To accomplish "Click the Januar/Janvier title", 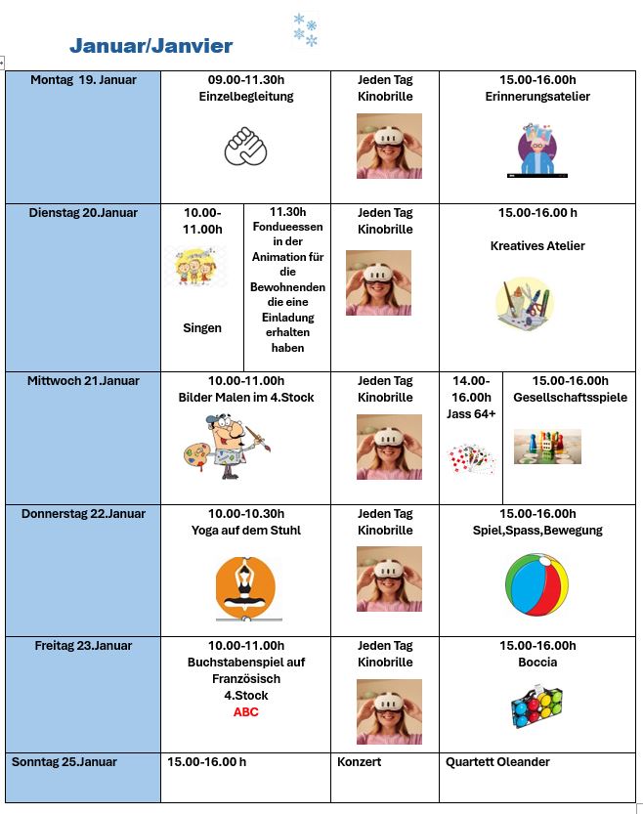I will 150,45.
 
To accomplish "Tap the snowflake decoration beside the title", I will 305,30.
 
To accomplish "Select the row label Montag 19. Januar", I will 83,80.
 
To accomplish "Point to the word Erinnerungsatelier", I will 536,97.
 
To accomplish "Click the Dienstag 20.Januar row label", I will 83,212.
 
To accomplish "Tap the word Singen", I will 202,328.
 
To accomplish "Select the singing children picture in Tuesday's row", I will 196,266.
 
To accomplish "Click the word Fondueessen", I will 287,228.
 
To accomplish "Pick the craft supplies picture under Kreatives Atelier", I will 525,301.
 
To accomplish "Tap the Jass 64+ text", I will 471,413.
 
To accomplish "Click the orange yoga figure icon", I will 245,587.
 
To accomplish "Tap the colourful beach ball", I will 536,584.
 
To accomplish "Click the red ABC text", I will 245,712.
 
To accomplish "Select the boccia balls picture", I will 536,706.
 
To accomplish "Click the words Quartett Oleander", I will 497,762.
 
